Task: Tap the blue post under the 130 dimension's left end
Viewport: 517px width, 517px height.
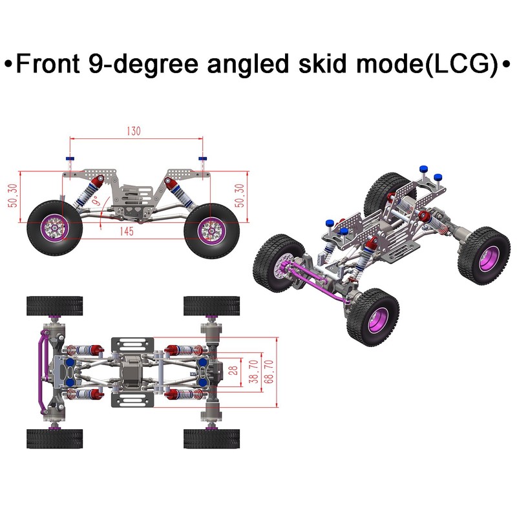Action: [x=70, y=159]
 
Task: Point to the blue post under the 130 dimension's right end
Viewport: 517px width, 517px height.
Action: [x=202, y=159]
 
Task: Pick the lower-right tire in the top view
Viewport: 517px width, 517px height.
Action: [x=211, y=439]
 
